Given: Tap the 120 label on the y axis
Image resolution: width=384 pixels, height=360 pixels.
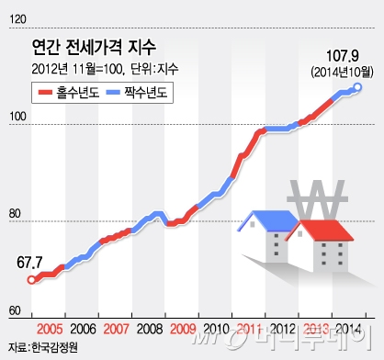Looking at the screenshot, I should pos(17,19).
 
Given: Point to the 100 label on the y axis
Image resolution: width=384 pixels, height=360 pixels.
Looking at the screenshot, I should pos(17,117).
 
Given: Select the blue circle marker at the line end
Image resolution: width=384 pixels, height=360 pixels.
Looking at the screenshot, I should pos(357,88).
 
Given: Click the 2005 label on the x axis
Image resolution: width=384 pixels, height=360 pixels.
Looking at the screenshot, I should pos(50,329).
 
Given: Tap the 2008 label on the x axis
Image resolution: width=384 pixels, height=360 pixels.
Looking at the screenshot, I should pos(150,329).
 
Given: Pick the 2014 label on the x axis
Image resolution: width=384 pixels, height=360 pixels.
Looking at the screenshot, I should pos(348,329).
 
